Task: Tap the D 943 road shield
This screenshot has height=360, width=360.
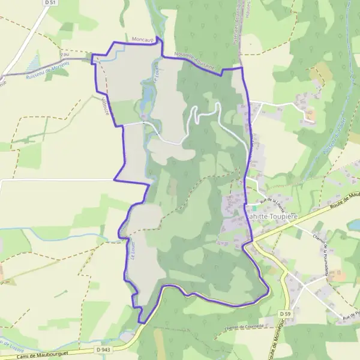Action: [x=103, y=349]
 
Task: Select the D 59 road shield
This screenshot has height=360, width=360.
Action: [x=284, y=313]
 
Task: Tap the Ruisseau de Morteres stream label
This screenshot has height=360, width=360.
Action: [x=48, y=70]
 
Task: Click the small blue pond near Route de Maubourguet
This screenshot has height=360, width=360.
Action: [x=355, y=224]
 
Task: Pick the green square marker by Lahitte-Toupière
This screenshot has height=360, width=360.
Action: [x=254, y=208]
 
